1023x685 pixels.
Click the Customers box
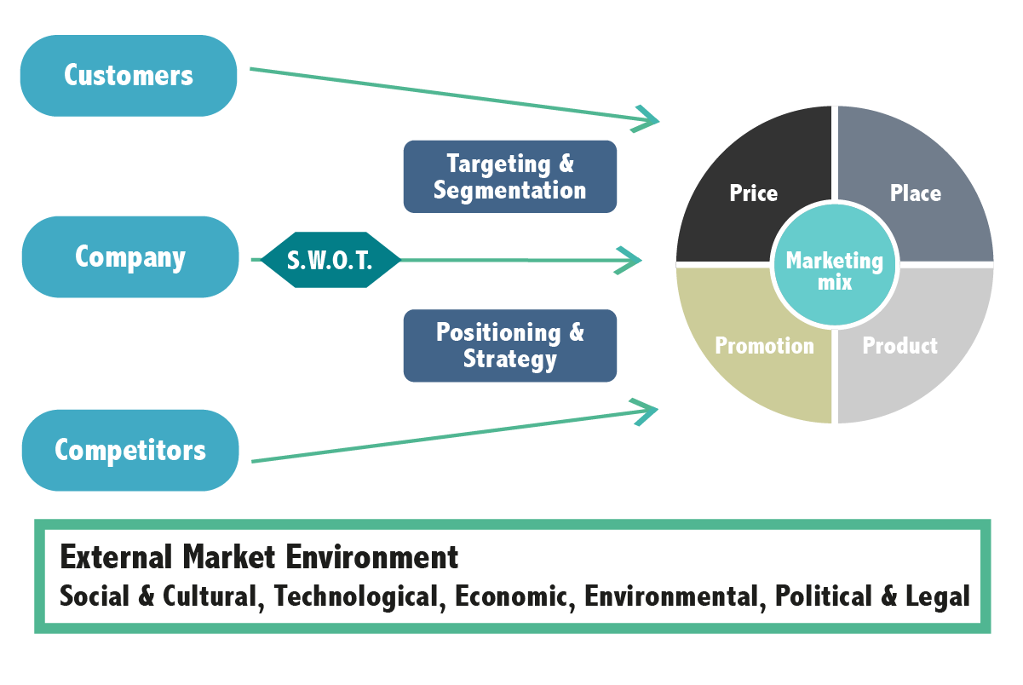pos(129,76)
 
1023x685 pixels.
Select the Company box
pos(130,257)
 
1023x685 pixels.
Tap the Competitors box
pos(130,450)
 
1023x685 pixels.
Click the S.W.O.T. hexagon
pos(330,260)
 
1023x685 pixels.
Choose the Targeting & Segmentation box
pos(509,176)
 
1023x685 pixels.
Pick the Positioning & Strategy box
pos(509,345)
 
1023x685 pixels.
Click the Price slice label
pos(753,193)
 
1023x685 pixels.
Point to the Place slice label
pos(915,193)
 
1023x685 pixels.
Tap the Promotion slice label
pos(764,346)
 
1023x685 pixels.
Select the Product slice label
pos(899,346)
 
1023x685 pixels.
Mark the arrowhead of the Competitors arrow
pos(647,412)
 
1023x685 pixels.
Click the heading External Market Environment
pos(259,557)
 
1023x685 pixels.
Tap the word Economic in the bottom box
pos(506,596)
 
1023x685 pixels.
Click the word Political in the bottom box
pos(823,596)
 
